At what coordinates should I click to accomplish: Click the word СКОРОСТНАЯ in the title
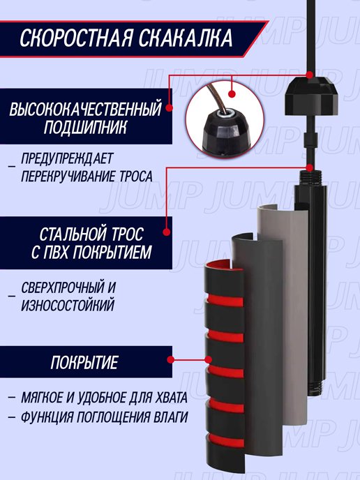click(77, 38)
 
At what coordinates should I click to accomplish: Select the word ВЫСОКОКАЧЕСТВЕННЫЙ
click(85, 110)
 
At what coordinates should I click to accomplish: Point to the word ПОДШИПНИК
click(85, 127)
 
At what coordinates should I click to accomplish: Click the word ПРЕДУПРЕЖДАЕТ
click(67, 158)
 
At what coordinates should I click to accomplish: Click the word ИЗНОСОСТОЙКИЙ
click(68, 305)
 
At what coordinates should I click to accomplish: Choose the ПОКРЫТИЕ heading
click(84, 363)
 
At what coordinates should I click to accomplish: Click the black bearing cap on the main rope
click(312, 96)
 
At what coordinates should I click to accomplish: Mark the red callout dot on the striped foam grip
click(209, 360)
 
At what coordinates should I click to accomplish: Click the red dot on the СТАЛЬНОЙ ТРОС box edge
click(167, 232)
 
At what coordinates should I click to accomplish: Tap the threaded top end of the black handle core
click(311, 178)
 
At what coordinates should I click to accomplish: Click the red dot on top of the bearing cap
click(310, 75)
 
